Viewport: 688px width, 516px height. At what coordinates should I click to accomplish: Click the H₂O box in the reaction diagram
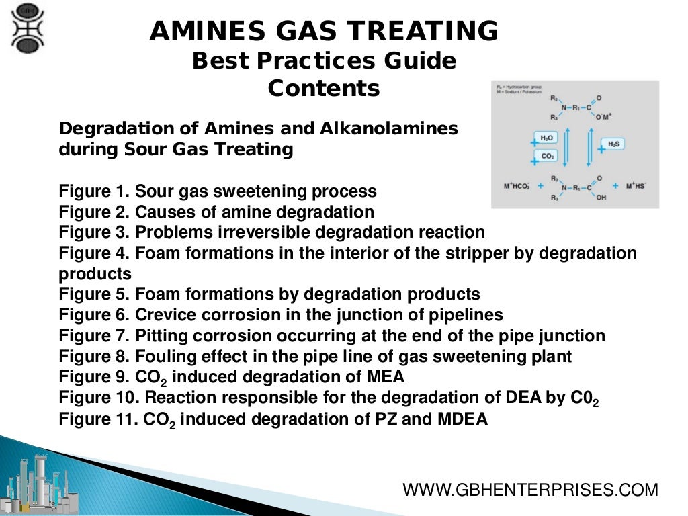click(546, 137)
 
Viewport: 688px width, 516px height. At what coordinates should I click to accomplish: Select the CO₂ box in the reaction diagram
click(547, 156)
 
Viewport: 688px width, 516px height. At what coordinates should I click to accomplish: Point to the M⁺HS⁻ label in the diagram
click(636, 185)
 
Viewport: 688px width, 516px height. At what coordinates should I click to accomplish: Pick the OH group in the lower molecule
click(600, 198)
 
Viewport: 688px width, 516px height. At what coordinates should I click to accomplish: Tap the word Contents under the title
click(324, 88)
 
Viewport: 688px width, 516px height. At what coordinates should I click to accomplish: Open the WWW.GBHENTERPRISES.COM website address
click(530, 490)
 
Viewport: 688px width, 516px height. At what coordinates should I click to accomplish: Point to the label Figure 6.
click(94, 314)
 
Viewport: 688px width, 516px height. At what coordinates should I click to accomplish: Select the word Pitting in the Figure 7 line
click(161, 335)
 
